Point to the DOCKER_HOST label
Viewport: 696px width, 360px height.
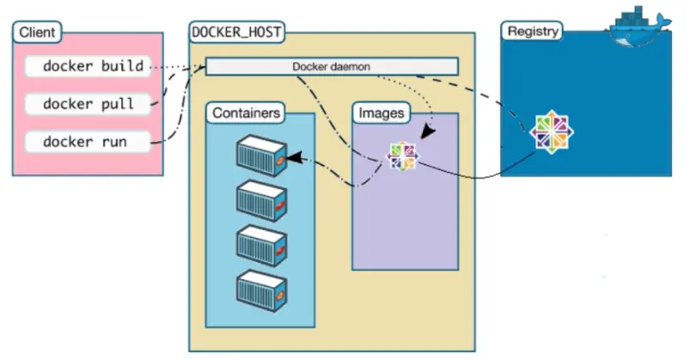point(237,33)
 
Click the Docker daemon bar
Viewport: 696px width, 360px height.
point(331,66)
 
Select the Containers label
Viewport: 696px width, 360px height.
point(246,113)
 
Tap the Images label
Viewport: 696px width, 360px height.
point(382,113)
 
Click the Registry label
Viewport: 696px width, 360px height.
point(534,31)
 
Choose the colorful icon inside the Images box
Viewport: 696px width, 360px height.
point(402,156)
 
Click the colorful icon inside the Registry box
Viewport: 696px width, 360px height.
point(551,131)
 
